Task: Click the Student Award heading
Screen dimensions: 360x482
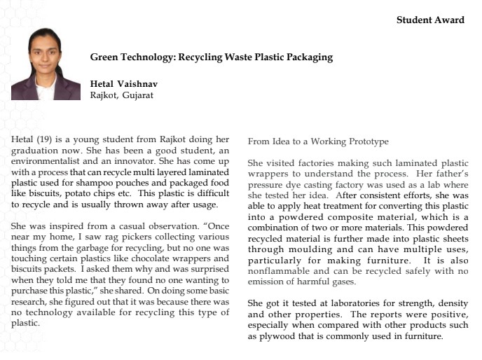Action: click(x=430, y=20)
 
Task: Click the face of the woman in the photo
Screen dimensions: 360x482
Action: click(x=46, y=56)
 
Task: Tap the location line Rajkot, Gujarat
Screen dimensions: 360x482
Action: click(x=121, y=95)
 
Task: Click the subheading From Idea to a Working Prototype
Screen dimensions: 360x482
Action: click(x=318, y=141)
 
